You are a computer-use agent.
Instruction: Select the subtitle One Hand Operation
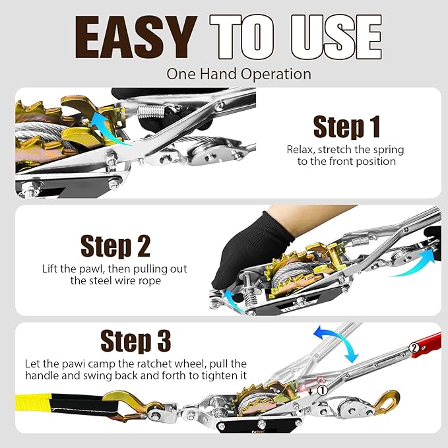pos(239,73)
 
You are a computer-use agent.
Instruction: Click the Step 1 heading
pos(346,126)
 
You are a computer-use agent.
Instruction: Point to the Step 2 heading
pos(115,245)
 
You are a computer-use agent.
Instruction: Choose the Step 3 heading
pos(135,341)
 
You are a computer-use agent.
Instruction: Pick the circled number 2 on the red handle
pos(414,346)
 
